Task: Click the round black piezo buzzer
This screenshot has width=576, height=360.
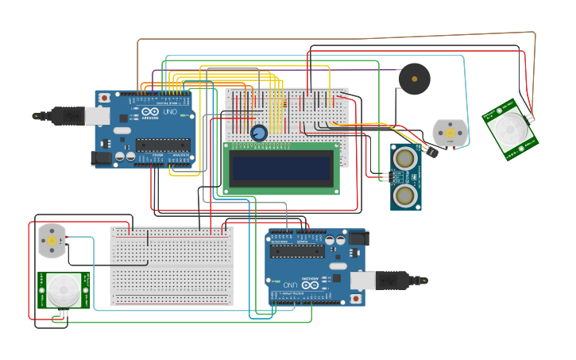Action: (414, 79)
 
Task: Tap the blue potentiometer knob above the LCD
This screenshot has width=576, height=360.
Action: (258, 133)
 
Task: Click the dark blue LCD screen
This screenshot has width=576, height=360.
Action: (280, 168)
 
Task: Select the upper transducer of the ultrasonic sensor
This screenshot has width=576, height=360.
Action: (405, 158)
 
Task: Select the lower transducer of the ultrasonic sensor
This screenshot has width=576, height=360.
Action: (405, 194)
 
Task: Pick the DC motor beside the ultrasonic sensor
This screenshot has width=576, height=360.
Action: (450, 133)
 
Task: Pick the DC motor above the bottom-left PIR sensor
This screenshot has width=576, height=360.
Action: (52, 240)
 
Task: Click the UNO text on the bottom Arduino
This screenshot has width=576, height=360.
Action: (291, 284)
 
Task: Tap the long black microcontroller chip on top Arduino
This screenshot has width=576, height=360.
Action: (162, 145)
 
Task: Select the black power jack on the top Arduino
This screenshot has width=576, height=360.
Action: (102, 158)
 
